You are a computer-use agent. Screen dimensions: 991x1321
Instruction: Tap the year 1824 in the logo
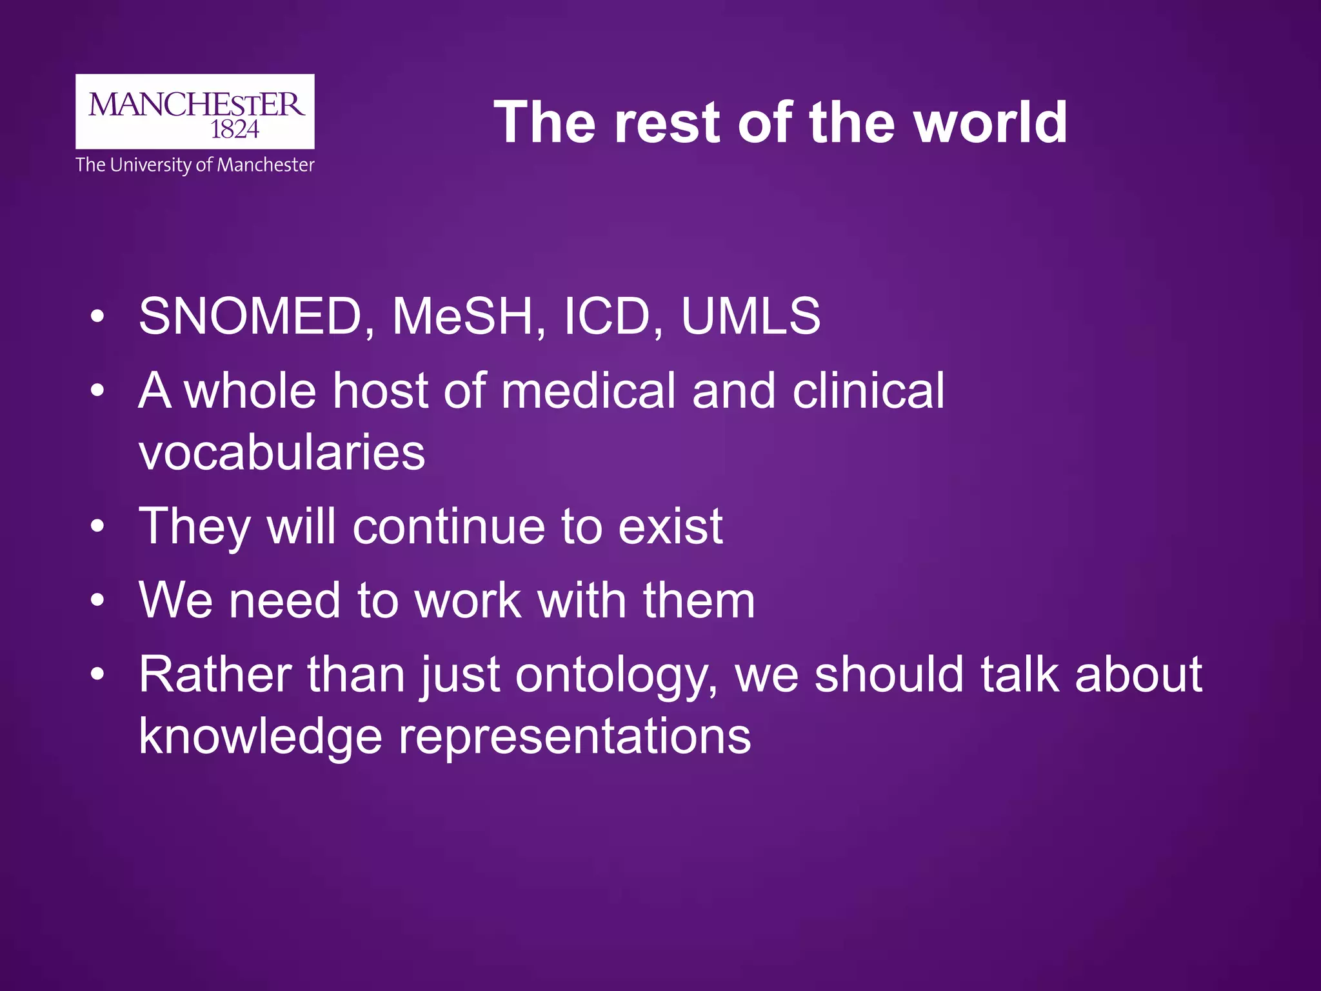235,130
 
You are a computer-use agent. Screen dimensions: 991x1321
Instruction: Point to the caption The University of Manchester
195,165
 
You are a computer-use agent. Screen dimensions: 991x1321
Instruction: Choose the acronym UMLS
751,316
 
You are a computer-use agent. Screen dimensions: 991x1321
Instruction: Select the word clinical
868,390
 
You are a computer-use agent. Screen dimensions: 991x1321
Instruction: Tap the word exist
670,526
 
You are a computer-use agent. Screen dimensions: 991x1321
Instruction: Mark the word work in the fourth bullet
468,601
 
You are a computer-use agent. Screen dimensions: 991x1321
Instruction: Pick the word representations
575,737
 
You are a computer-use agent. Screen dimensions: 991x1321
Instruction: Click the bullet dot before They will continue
97,526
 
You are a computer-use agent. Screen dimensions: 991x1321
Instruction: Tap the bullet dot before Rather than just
97,675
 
